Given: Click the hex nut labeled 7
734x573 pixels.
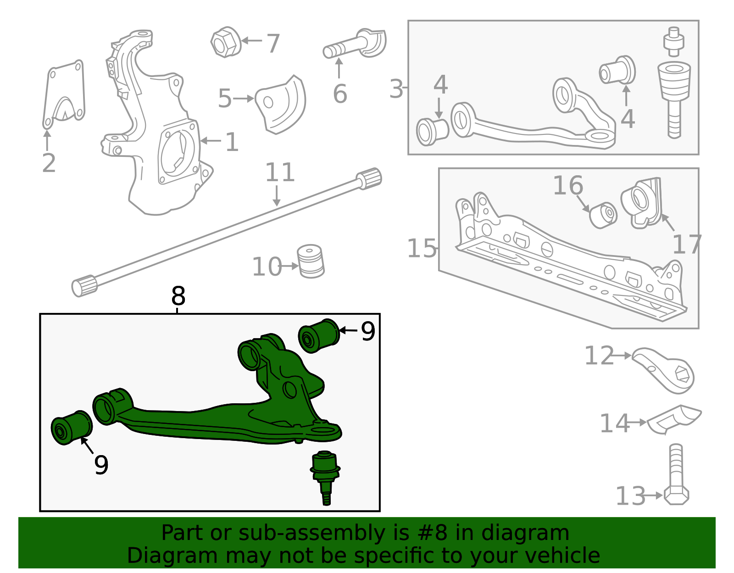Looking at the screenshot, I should pos(225,42).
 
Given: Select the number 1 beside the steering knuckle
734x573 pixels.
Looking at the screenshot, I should pos(232,142).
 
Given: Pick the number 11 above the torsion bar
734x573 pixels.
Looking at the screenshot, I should pos(280,173).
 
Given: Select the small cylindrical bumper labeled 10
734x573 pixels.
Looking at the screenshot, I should pos(311,261).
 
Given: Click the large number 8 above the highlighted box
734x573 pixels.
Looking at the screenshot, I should pos(178,296).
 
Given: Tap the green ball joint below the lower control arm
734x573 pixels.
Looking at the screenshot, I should pos(325,475).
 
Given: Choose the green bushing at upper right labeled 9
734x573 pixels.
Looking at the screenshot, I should pos(319,336).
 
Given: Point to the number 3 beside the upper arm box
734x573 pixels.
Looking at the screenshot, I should pos(396,89).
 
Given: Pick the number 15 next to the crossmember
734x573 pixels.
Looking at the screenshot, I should pos(422,249).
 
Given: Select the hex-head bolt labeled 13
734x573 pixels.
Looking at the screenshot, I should pos(676,477).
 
